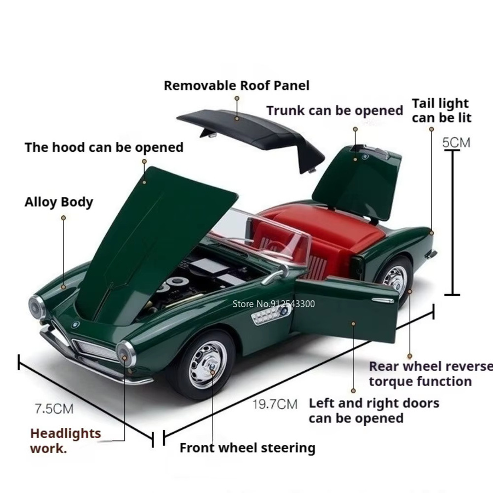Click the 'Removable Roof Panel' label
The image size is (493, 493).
[237, 85]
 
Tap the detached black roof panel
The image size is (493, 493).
[251, 135]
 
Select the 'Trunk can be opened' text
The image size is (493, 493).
[335, 111]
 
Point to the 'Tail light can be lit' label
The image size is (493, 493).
[442, 111]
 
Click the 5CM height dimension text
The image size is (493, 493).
[456, 143]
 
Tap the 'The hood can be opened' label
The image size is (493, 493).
[104, 147]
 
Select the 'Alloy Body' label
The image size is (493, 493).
[59, 202]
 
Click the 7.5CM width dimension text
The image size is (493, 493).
[54, 409]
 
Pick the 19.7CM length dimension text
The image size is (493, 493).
[275, 404]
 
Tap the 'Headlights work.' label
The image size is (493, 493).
[65, 441]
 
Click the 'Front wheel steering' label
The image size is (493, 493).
[248, 448]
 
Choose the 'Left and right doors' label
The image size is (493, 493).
[374, 403]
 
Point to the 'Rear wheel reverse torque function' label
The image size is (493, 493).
[431, 374]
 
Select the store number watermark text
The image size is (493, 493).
[273, 303]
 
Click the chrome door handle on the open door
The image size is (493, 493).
[383, 301]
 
